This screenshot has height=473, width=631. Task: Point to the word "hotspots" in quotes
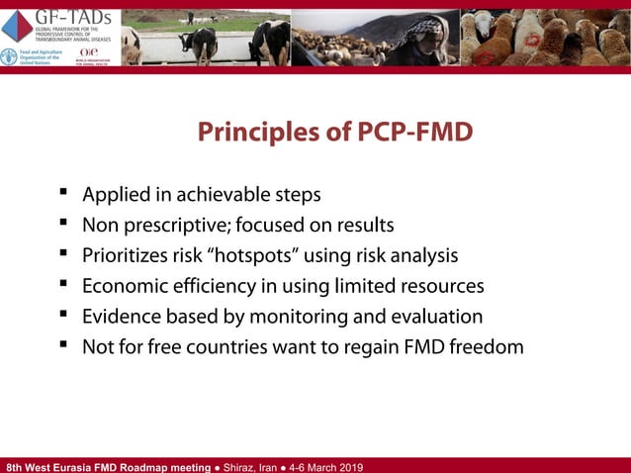click(x=250, y=255)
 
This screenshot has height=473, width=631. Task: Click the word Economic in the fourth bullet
click(x=122, y=286)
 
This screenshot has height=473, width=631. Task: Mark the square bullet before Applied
click(x=63, y=193)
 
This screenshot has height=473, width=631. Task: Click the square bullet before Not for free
click(x=63, y=346)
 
